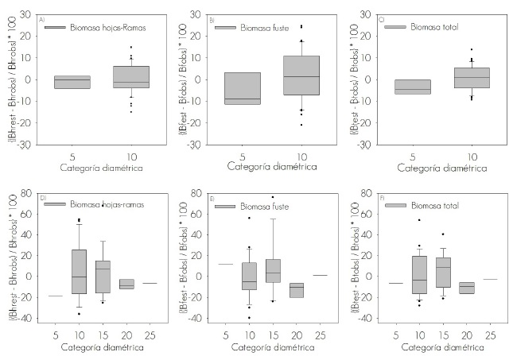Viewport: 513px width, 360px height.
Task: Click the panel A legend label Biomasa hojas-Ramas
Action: tap(99, 27)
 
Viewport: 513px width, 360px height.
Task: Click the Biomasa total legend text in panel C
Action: tap(434, 27)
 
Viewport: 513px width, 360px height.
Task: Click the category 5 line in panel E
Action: tap(226, 264)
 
